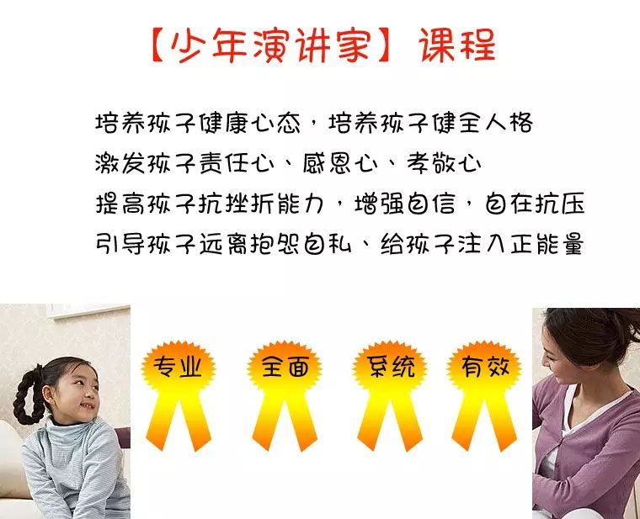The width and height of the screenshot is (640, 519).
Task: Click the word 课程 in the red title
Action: tap(457, 45)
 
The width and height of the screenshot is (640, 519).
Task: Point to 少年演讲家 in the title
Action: tap(271, 45)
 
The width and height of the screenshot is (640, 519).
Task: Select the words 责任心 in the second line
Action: tap(237, 163)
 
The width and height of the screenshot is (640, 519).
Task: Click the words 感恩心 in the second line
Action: tap(340, 163)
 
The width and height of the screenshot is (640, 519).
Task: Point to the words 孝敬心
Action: tap(444, 163)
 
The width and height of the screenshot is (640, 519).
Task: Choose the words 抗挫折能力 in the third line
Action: tap(262, 203)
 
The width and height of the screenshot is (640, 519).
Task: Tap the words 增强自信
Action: tap(404, 203)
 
